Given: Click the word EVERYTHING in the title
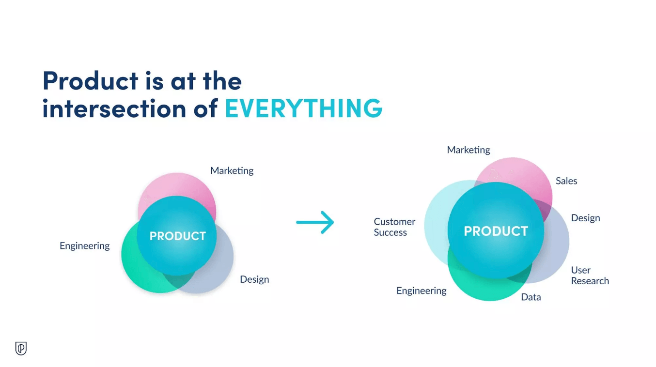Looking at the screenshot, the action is [x=303, y=108].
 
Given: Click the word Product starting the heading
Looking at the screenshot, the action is [x=91, y=80].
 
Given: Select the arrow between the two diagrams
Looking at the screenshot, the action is [x=315, y=222].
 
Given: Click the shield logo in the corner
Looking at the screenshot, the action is [x=21, y=348].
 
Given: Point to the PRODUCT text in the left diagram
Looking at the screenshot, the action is [x=178, y=236].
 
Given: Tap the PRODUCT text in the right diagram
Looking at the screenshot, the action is [x=496, y=231].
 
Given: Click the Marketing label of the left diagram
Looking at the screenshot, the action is [x=232, y=170].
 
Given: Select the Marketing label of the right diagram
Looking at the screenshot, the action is [x=469, y=150].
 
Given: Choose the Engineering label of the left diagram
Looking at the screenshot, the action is [x=85, y=246].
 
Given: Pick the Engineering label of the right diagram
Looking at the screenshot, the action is [x=422, y=291].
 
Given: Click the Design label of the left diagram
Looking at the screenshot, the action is [x=254, y=279].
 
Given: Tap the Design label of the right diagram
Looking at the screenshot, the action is [x=585, y=218].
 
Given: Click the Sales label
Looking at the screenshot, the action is [x=566, y=181].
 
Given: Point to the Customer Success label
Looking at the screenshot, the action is [x=394, y=227].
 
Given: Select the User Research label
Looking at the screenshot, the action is [x=590, y=275].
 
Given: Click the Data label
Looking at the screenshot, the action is [x=531, y=297].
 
